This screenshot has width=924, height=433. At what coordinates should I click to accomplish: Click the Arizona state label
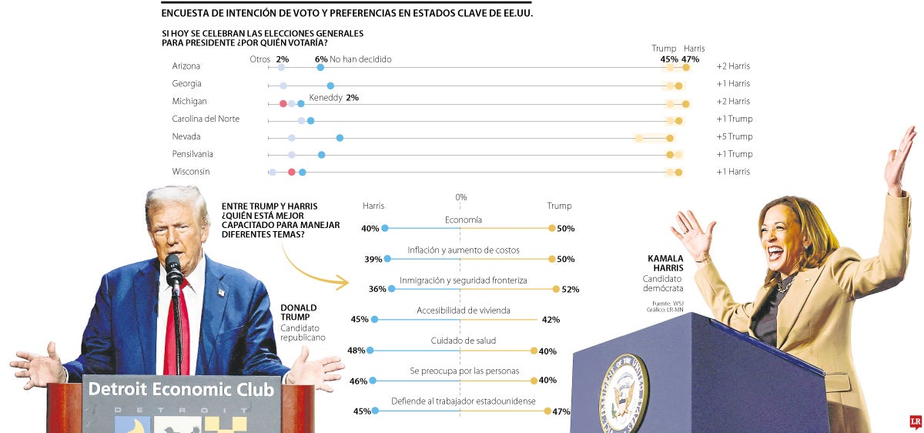(186, 66)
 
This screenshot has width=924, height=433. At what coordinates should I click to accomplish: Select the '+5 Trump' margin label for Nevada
(734, 137)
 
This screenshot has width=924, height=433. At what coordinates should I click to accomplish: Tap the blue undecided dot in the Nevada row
(340, 138)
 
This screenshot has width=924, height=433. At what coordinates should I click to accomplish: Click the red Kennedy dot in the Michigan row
(283, 103)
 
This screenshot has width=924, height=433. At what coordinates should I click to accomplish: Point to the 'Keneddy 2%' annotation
(333, 98)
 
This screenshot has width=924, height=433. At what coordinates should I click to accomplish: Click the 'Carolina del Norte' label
(206, 119)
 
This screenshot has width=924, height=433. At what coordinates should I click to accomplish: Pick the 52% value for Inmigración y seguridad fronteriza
(571, 290)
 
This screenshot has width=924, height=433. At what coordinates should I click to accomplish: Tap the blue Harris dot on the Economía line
(385, 228)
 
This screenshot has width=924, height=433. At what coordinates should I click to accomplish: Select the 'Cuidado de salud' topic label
(463, 341)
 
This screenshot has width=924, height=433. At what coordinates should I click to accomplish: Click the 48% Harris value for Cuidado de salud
(356, 351)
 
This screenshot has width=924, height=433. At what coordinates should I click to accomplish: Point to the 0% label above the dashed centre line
(460, 197)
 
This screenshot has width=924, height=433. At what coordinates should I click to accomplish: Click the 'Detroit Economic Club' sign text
(181, 390)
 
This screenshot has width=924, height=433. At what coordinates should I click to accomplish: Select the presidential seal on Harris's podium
(624, 393)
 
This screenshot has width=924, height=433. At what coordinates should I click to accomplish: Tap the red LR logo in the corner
(916, 421)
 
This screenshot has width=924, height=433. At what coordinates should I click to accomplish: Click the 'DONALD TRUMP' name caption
(299, 313)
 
